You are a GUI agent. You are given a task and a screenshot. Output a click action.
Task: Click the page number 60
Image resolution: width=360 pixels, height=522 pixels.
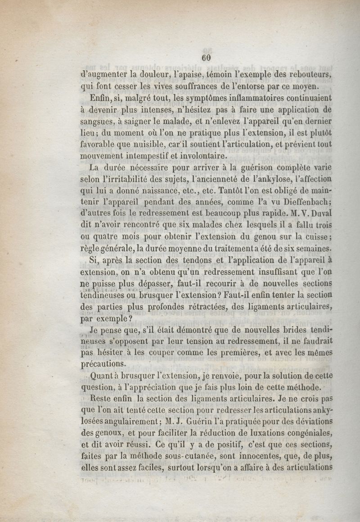click(x=207, y=58)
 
